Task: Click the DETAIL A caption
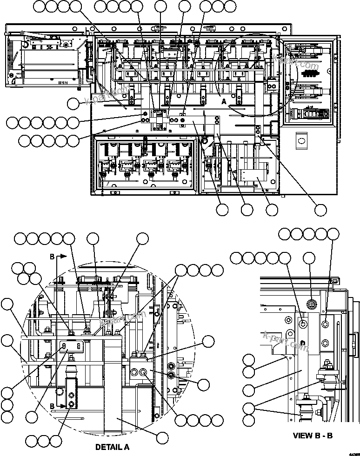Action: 112,448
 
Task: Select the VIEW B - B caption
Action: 313,436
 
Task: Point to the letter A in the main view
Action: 224,100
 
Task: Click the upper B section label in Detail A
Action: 52,256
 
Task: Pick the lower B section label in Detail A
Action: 52,406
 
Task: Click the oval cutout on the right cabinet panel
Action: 300,140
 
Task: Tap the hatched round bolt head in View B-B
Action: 312,304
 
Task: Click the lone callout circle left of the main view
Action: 73,104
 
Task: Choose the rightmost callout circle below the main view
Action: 320,210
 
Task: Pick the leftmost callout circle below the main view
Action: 222,210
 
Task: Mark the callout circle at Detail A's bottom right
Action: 162,437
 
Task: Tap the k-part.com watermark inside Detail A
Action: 120,321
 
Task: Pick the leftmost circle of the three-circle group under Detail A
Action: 31,440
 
